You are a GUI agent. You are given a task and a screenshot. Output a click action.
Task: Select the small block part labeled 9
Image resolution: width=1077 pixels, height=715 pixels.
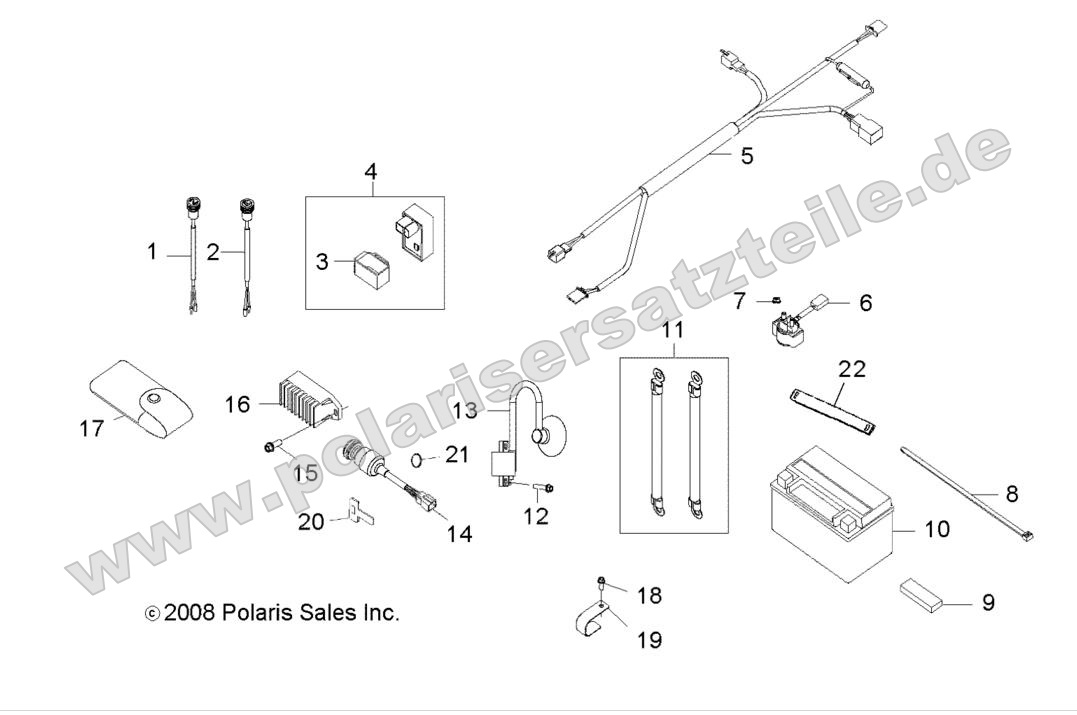921,594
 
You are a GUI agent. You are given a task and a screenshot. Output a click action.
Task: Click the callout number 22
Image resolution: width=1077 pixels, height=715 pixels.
851,369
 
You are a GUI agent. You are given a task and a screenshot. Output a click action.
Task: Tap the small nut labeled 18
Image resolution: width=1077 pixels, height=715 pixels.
601,583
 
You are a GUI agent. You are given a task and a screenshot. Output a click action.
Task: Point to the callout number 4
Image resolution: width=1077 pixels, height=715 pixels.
370,170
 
